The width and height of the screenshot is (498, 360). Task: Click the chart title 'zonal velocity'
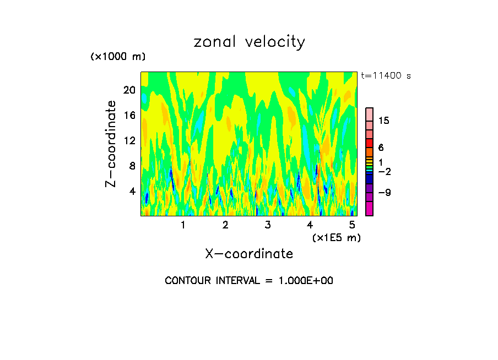click(249, 42)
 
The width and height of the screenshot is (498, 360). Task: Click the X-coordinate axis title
click(249, 254)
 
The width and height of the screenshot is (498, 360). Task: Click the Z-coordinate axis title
click(111, 144)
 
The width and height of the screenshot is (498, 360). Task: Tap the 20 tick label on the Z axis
click(129, 90)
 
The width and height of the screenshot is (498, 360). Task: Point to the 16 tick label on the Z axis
click(129, 115)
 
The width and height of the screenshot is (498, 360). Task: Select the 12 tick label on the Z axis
click(129, 140)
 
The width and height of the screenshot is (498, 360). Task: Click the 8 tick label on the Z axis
click(132, 166)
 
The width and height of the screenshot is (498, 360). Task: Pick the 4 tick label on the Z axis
click(132, 191)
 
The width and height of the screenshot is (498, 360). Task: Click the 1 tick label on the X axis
click(183, 225)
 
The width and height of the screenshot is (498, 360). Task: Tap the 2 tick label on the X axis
click(225, 225)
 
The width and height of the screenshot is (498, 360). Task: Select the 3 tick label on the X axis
click(268, 225)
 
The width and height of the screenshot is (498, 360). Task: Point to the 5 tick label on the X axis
click(352, 225)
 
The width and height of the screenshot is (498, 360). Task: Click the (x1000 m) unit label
click(118, 57)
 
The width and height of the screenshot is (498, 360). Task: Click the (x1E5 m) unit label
click(336, 238)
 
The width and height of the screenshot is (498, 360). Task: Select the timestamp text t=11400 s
click(386, 76)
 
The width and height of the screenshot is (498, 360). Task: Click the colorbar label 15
click(384, 121)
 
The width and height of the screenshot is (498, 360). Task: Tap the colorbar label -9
click(384, 192)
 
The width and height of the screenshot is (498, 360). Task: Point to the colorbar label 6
click(381, 148)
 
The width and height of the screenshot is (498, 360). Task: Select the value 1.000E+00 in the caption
click(301, 281)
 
